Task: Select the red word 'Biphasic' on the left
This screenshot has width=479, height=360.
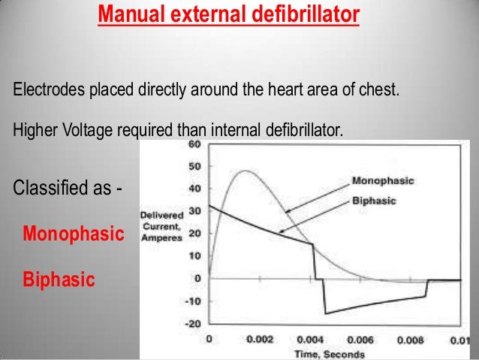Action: (59, 280)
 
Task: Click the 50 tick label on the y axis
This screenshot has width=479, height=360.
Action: (194, 165)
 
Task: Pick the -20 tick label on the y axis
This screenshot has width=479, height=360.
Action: (192, 324)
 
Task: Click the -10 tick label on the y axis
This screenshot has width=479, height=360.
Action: (192, 301)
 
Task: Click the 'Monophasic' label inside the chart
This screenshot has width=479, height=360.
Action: (382, 181)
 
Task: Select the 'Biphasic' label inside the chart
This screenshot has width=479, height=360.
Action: (375, 201)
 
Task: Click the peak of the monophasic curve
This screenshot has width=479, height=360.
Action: (244, 171)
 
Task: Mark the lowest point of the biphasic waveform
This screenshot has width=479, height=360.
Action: (324, 313)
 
